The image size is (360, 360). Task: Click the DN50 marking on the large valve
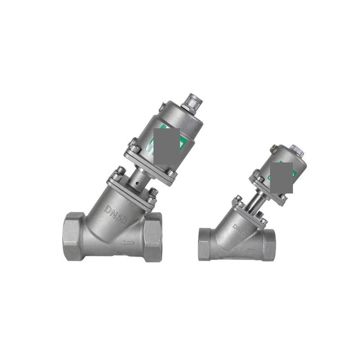point(116,214)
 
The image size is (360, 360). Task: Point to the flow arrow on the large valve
point(127,243)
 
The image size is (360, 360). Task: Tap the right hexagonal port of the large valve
point(153,237)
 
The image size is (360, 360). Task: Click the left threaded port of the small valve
point(205,244)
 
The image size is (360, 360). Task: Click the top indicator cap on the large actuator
point(192,102)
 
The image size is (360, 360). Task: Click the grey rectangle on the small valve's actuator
point(282,178)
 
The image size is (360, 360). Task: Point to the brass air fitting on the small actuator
point(273,148)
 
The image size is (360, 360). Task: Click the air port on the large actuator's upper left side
point(162,107)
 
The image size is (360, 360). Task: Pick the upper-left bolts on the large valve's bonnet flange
point(119,173)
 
